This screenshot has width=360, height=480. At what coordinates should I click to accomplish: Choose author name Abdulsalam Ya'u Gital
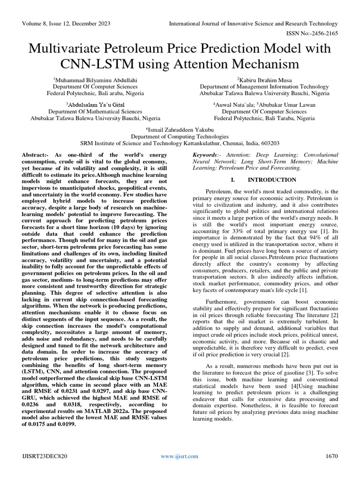96,105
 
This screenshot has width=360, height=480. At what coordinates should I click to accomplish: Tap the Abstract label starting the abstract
37,155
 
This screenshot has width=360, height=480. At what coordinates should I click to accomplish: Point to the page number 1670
331,456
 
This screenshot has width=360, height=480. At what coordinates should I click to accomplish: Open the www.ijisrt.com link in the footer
180,456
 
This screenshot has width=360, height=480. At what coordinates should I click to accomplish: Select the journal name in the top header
253,23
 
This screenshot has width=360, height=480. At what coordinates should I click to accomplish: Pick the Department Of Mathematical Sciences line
96,112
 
